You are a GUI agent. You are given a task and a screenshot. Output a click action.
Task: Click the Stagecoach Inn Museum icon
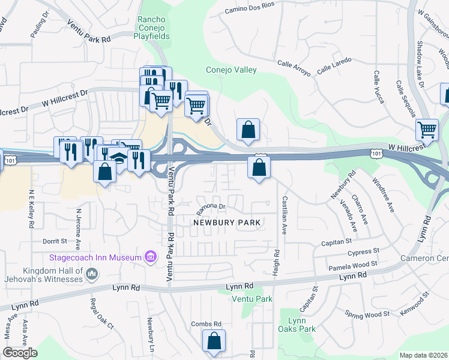pyautogui.click(x=151, y=257)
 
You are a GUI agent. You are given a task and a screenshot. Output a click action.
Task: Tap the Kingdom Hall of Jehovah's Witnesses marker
pyautogui.click(x=92, y=274)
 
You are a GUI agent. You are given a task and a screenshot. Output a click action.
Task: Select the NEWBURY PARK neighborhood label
pyautogui.click(x=226, y=223)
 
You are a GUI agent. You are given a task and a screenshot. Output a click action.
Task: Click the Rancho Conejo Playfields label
pyautogui.click(x=154, y=28)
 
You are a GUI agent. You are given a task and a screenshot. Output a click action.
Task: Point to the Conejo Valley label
pyautogui.click(x=231, y=70)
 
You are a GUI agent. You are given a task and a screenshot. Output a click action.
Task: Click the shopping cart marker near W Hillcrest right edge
pyautogui.click(x=427, y=129)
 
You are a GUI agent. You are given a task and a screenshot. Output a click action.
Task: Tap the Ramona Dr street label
pyautogui.click(x=211, y=206)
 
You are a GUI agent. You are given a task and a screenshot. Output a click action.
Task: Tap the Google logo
pyautogui.click(x=20, y=353)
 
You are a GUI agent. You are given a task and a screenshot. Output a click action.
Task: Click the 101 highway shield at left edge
pyautogui.click(x=10, y=160)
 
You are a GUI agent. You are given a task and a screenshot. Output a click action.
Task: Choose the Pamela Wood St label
pyautogui.click(x=352, y=263)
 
